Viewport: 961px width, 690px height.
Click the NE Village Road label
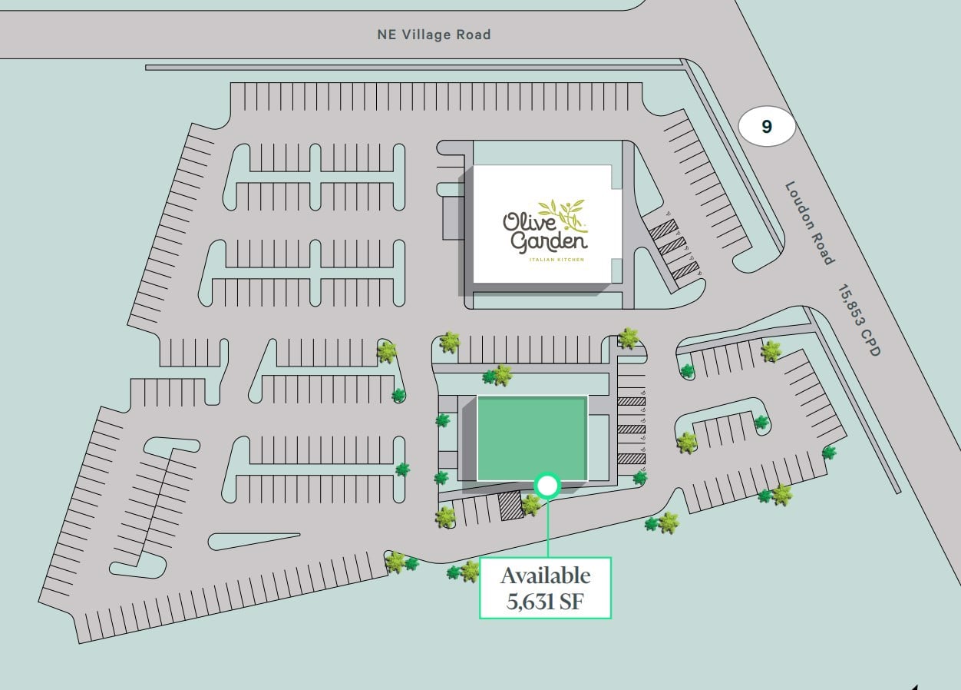(x=434, y=35)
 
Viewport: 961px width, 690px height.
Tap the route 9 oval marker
(x=766, y=127)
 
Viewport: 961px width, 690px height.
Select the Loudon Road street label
(x=809, y=223)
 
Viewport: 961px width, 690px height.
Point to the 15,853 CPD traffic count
(x=859, y=320)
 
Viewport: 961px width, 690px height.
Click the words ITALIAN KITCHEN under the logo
(x=556, y=260)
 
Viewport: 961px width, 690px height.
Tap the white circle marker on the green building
(x=547, y=485)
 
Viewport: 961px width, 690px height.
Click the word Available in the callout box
(x=545, y=576)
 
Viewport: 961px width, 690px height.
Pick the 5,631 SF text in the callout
(x=545, y=601)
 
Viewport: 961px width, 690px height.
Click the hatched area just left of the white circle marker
(x=509, y=506)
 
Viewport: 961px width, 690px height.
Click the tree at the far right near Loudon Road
(x=828, y=453)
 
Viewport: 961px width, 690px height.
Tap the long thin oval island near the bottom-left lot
(x=253, y=541)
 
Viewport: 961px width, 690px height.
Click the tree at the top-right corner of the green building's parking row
(x=629, y=338)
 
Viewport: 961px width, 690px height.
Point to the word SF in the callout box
(x=570, y=601)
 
